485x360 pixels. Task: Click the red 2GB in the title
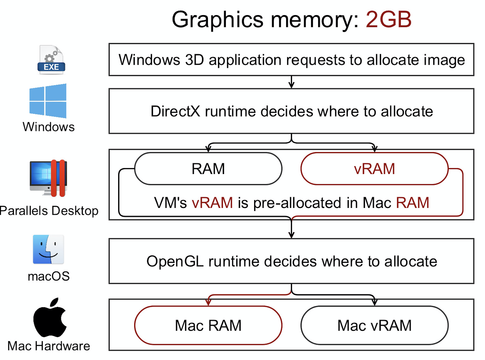click(388, 19)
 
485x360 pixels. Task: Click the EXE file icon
click(51, 60)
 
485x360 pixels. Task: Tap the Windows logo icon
click(48, 101)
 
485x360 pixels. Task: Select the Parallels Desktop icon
click(49, 178)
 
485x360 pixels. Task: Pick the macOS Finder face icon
click(48, 249)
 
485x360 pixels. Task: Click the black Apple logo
click(50, 318)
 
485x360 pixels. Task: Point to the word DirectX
click(175, 112)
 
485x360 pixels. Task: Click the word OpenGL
click(175, 261)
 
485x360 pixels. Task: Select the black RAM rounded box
click(208, 169)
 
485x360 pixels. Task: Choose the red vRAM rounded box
click(374, 169)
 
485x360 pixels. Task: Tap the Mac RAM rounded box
click(208, 325)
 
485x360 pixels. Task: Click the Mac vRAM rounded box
click(374, 325)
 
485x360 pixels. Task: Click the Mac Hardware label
click(49, 346)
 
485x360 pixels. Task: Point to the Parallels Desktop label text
click(49, 211)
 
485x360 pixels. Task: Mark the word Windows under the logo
click(49, 127)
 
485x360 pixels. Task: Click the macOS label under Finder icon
click(49, 276)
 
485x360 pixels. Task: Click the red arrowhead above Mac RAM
click(208, 302)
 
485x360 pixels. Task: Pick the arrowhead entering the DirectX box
click(292, 85)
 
